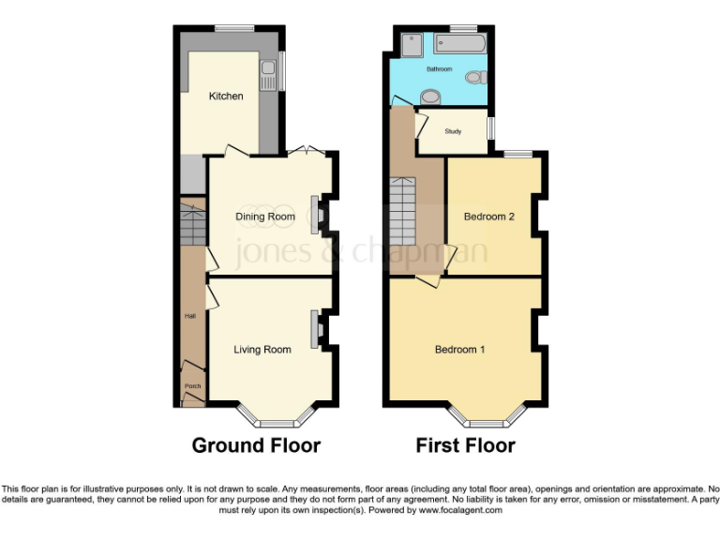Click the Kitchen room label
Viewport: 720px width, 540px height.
226,96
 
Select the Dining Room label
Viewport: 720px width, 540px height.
264,217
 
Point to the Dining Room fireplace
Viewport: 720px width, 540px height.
317,214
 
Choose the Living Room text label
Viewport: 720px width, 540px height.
262,350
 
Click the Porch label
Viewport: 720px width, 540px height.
192,386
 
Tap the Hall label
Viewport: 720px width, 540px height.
190,316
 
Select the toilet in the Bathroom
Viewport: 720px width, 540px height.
476,76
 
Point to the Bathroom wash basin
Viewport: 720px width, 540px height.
431,95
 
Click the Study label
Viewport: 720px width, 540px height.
453,131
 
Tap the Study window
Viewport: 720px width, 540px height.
491,131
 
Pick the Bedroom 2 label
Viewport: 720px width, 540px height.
489,217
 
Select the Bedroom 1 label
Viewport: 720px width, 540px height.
459,350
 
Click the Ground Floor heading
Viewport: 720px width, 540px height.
256,445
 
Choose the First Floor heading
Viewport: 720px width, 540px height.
466,445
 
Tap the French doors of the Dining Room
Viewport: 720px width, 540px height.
307,152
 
